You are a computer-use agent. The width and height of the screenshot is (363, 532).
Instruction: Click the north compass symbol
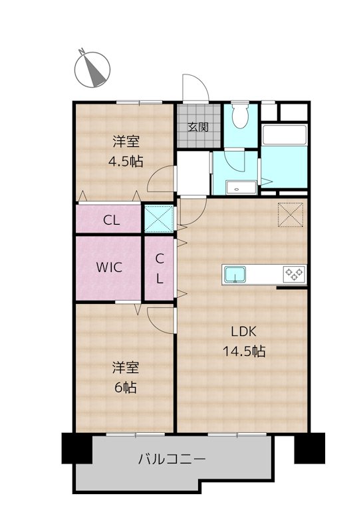click(x=92, y=69)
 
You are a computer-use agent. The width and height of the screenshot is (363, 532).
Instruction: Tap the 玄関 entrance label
click(x=198, y=127)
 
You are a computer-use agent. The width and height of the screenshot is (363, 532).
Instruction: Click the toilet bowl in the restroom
click(x=241, y=115)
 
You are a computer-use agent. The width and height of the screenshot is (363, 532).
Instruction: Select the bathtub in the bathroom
click(x=285, y=135)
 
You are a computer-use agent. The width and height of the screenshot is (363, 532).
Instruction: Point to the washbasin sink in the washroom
click(x=241, y=188)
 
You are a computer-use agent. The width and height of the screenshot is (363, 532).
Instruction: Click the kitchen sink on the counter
click(x=235, y=275)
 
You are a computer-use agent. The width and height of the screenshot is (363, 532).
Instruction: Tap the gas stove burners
click(x=294, y=275)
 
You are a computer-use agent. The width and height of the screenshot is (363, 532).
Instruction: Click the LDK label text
click(x=243, y=331)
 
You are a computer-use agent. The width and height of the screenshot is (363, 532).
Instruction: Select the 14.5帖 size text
click(x=244, y=351)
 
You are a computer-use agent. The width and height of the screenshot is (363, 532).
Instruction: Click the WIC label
click(x=109, y=267)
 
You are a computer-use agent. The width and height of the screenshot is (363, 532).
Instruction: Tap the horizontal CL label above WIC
click(x=112, y=221)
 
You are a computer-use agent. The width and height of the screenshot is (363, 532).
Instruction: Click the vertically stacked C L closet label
click(x=160, y=269)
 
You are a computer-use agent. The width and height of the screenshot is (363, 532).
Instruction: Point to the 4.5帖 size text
click(x=126, y=161)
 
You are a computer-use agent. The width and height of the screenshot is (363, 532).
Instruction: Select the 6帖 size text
click(x=126, y=387)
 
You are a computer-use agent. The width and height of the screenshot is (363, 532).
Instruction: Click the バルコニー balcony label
click(x=172, y=459)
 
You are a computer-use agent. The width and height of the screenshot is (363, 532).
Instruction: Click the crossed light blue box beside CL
click(x=159, y=219)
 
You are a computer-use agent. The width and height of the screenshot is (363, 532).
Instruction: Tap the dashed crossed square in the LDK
click(x=291, y=214)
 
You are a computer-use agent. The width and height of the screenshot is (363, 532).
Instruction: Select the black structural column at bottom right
click(x=309, y=448)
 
